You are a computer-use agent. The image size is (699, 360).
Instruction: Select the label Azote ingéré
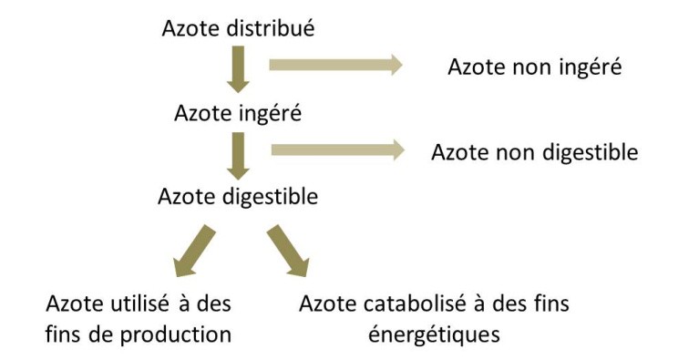238,114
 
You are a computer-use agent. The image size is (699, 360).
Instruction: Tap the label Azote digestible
238,196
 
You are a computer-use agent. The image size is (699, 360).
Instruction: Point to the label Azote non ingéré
535,67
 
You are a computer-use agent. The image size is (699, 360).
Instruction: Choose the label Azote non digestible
534,151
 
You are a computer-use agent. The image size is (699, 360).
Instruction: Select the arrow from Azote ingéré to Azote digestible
238,155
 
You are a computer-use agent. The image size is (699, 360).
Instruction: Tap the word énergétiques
434,334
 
